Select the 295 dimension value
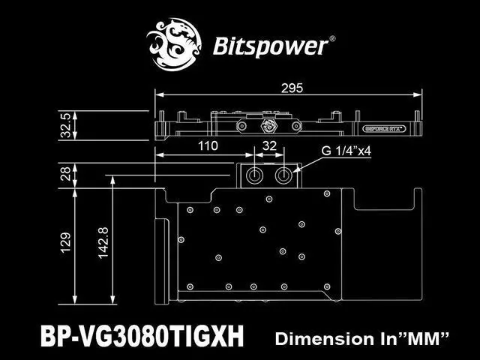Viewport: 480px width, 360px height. click(x=292, y=88)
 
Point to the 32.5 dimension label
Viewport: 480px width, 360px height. click(x=65, y=126)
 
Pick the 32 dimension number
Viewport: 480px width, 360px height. click(x=270, y=145)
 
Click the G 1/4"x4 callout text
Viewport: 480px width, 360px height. click(x=346, y=150)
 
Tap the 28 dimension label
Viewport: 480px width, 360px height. click(x=65, y=174)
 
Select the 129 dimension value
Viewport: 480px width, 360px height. click(x=65, y=241)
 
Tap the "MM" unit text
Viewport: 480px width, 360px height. click(x=424, y=338)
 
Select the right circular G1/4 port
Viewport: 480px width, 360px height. click(x=285, y=175)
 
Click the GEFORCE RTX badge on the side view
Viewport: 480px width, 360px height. click(x=384, y=128)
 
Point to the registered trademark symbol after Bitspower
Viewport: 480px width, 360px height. click(x=332, y=37)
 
